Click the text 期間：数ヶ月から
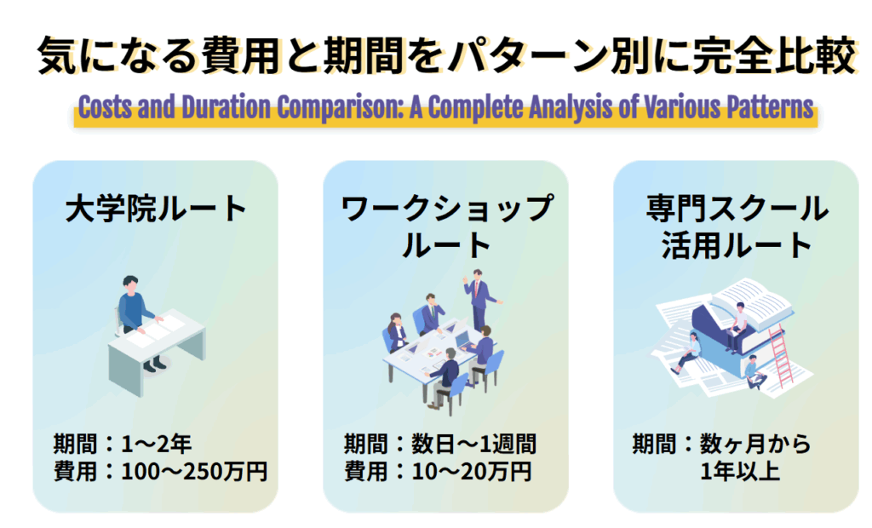coord(721,444)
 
